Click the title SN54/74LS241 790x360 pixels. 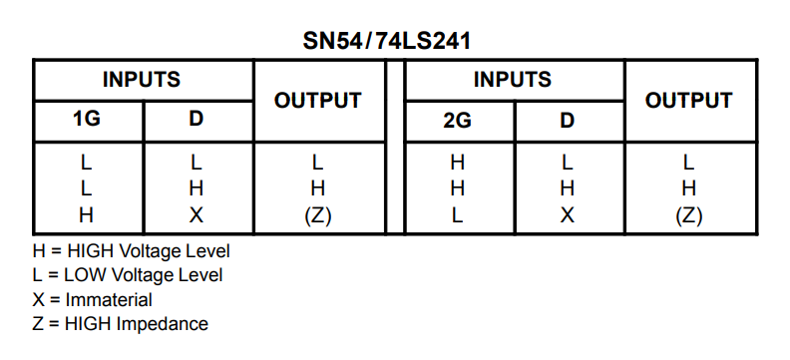[x=386, y=41]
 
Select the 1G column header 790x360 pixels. [x=87, y=119]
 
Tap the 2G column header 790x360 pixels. [x=458, y=121]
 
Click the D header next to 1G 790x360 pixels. [x=196, y=119]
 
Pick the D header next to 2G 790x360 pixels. [x=568, y=121]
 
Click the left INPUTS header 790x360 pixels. [x=142, y=80]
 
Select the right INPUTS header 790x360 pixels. [x=513, y=80]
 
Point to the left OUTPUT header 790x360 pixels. [x=318, y=101]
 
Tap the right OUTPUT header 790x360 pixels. [x=688, y=101]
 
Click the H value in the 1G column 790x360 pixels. [x=87, y=215]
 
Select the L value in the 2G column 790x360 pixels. [x=457, y=215]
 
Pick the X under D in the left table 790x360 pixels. [x=196, y=215]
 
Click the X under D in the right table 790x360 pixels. [x=568, y=215]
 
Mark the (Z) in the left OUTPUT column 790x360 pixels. [x=318, y=216]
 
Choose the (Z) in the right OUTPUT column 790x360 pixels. [x=688, y=216]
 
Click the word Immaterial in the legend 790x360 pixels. [x=109, y=300]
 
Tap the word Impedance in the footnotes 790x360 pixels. [x=162, y=324]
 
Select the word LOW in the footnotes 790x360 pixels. [x=86, y=275]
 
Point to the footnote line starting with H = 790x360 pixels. [x=131, y=251]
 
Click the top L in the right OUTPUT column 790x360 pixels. [x=688, y=163]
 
